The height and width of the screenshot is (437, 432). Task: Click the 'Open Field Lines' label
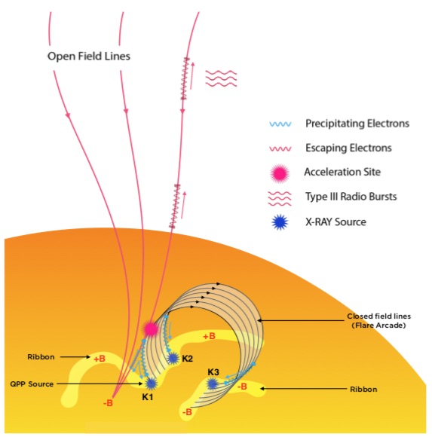pyautogui.click(x=89, y=57)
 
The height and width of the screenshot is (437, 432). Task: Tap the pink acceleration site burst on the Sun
pyautogui.click(x=151, y=329)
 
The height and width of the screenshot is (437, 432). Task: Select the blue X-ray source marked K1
pyautogui.click(x=151, y=384)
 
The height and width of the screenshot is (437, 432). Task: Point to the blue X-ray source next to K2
pyautogui.click(x=173, y=358)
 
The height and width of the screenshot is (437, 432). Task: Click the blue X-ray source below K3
pyautogui.click(x=213, y=384)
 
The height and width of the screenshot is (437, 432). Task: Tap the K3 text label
pyautogui.click(x=213, y=372)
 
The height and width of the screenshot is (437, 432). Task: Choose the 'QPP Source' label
pyautogui.click(x=32, y=384)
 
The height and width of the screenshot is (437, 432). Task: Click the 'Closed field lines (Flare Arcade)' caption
pyautogui.click(x=378, y=321)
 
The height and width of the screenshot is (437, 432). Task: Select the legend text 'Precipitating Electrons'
pyautogui.click(x=357, y=124)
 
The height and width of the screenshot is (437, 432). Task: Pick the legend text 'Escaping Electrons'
pyautogui.click(x=348, y=148)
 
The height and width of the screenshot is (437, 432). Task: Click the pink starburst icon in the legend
pyautogui.click(x=280, y=173)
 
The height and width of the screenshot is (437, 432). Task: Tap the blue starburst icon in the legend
pyautogui.click(x=280, y=222)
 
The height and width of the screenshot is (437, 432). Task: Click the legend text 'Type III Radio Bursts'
pyautogui.click(x=351, y=197)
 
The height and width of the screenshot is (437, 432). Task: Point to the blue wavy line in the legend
pyautogui.click(x=280, y=124)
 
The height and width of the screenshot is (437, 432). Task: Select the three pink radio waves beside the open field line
pyautogui.click(x=221, y=78)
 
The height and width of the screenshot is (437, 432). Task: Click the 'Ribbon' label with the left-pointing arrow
pyautogui.click(x=363, y=390)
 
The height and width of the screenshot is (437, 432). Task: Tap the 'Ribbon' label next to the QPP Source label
pyautogui.click(x=41, y=357)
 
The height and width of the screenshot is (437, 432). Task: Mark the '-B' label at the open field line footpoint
pyautogui.click(x=108, y=403)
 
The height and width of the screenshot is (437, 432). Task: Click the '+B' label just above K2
pyautogui.click(x=209, y=336)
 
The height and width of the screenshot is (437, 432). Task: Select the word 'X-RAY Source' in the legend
pyautogui.click(x=335, y=222)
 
